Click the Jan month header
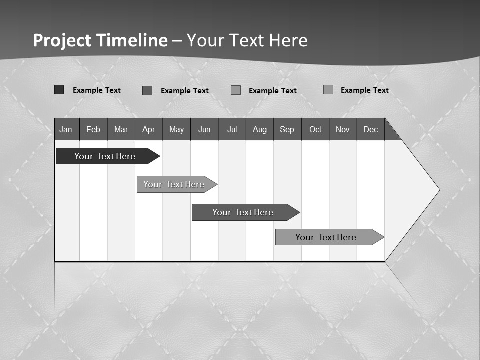(x=66, y=129)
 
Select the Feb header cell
(x=93, y=129)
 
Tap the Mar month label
(x=121, y=129)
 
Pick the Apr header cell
(x=149, y=129)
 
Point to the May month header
(x=176, y=129)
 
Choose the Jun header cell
(x=204, y=129)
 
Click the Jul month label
(x=232, y=129)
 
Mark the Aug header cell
(x=260, y=129)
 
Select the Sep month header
(x=287, y=129)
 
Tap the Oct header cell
(x=315, y=129)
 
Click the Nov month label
(x=343, y=129)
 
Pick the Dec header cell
(x=371, y=129)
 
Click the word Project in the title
(x=62, y=40)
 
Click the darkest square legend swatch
(x=59, y=90)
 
